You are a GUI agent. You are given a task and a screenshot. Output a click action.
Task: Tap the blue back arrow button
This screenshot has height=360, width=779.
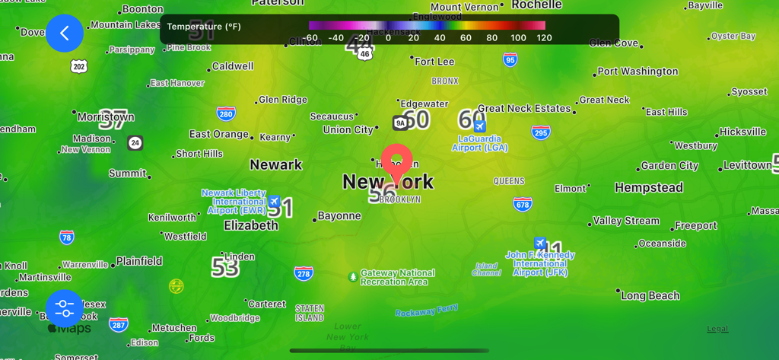(x=65, y=33)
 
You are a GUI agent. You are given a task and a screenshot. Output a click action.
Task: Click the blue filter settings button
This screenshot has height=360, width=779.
(x=65, y=308)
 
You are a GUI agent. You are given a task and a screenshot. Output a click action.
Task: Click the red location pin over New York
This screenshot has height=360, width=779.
(x=396, y=162)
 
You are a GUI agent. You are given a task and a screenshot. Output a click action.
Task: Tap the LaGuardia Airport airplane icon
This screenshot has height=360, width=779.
(x=479, y=126)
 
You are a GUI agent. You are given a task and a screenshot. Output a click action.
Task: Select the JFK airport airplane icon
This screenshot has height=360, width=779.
(x=539, y=244)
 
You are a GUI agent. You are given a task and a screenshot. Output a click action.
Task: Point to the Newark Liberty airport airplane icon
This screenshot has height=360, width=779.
(x=274, y=202)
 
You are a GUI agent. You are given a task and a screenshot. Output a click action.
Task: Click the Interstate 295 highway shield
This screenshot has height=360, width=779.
(x=541, y=132)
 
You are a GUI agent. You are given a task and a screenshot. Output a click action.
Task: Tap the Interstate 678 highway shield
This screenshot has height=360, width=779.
(x=522, y=204)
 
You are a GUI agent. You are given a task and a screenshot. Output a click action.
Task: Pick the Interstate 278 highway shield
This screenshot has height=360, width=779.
(x=304, y=273)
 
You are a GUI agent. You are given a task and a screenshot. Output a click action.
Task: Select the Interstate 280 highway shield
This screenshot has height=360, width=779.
(x=225, y=114)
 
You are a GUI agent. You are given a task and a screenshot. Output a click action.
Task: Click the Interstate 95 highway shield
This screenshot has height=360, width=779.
(x=510, y=59)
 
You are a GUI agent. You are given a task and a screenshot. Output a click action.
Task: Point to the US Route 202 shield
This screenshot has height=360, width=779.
(x=79, y=67)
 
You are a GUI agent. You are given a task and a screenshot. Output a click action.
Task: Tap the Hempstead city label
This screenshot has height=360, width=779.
(x=648, y=187)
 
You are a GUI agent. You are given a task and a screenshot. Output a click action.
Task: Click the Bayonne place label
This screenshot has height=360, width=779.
(x=339, y=216)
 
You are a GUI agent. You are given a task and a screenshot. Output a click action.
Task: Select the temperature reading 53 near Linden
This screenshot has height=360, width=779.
(x=225, y=267)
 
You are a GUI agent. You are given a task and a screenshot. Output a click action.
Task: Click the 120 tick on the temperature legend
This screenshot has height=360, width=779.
(x=544, y=37)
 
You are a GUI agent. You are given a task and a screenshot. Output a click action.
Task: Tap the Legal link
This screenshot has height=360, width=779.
(x=717, y=329)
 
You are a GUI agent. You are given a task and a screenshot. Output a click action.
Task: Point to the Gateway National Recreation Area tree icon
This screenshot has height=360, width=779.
(x=352, y=277)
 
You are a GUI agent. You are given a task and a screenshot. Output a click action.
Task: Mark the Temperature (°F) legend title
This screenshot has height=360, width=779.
(x=204, y=27)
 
